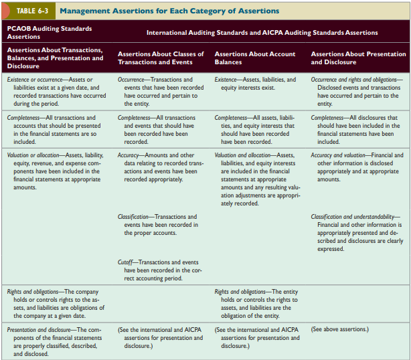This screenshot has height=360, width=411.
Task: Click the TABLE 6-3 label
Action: tap(30, 10)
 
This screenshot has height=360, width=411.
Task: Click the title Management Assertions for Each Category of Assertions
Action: tap(169, 10)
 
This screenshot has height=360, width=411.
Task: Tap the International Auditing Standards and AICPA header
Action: tap(262, 32)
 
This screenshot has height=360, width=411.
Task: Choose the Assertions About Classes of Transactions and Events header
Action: tap(161, 58)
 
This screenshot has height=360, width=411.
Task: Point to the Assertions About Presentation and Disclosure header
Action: tap(358, 58)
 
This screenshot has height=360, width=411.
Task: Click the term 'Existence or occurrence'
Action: tap(33, 80)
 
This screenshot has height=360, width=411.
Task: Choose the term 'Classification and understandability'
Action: tap(354, 217)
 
